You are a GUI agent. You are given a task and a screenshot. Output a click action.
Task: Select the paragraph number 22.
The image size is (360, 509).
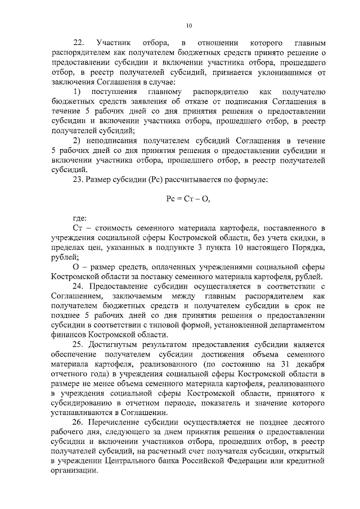[79, 43]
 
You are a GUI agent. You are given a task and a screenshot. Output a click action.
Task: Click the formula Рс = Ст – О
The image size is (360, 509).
[188, 199]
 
